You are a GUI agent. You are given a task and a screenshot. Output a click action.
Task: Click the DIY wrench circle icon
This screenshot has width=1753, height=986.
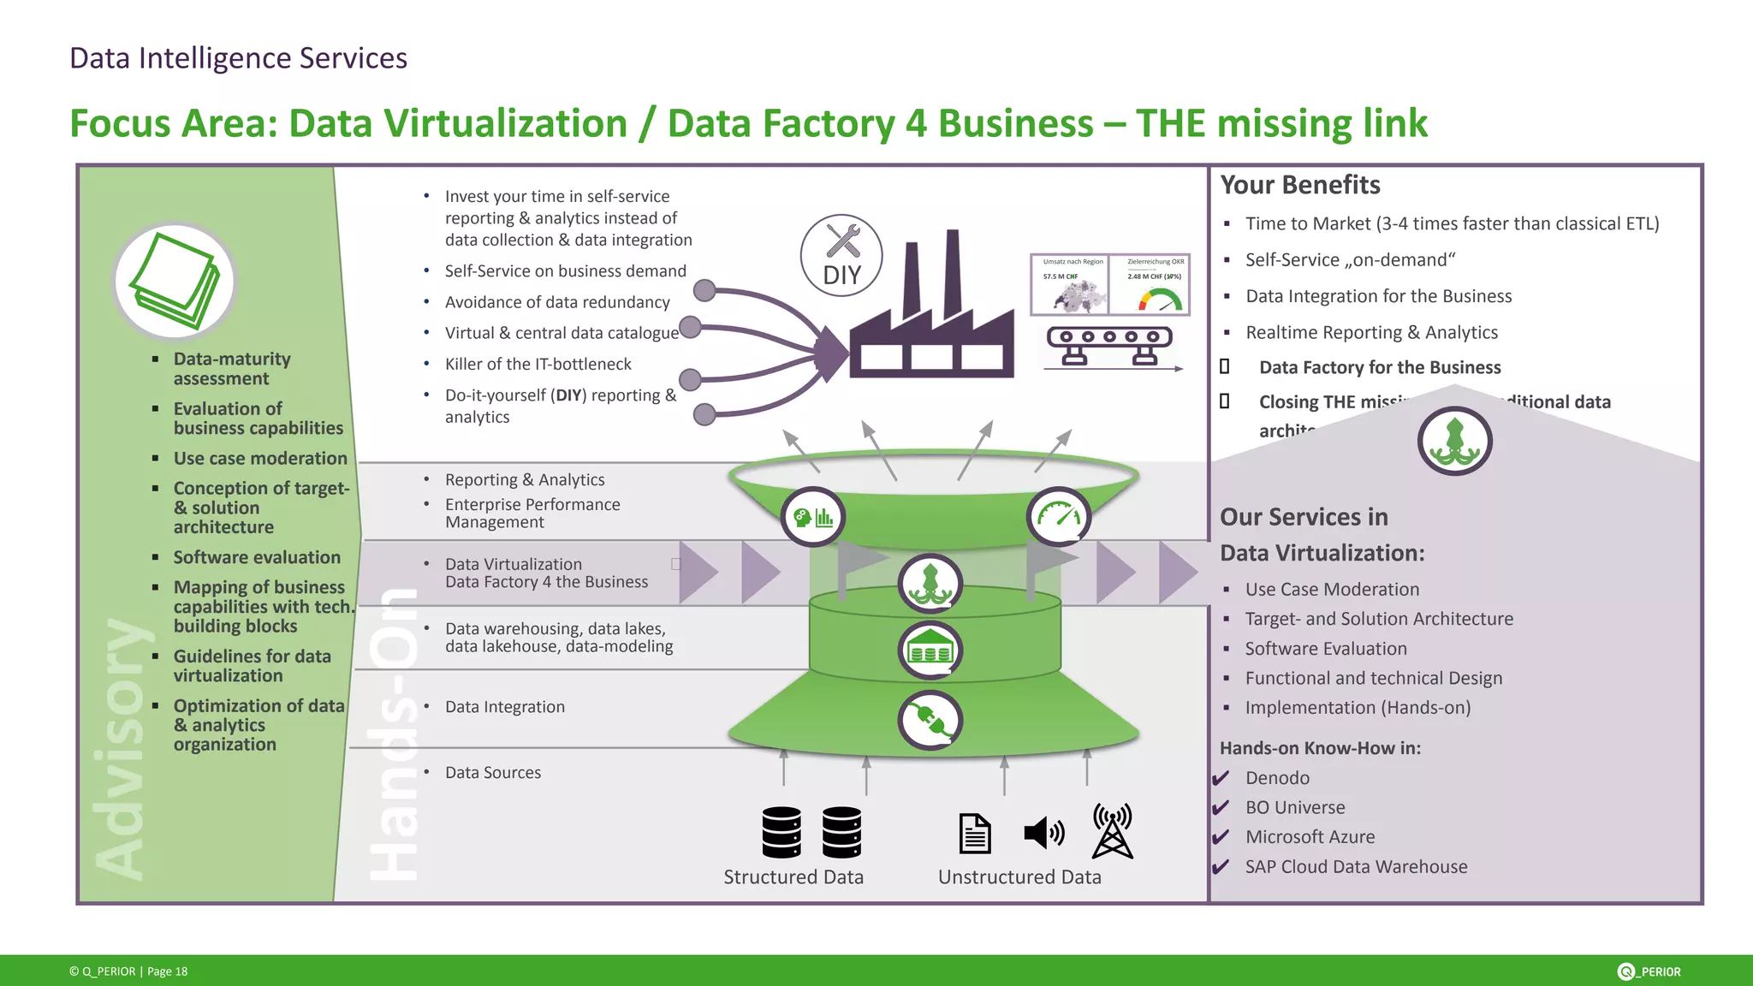[x=841, y=256]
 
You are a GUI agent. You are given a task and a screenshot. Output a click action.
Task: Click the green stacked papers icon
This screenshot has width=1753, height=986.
[x=175, y=282]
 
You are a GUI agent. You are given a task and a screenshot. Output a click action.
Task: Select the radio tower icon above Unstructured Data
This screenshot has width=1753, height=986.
[x=1112, y=831]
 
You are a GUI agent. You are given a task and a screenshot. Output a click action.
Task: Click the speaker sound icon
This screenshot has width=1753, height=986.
[x=1043, y=833]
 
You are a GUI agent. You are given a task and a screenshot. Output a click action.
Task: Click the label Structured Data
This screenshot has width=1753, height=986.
[x=793, y=877]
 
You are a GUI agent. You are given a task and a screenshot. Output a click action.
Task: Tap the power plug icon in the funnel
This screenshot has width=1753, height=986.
[x=930, y=720]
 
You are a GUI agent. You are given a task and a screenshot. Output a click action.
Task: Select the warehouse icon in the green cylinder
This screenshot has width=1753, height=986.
[x=930, y=650]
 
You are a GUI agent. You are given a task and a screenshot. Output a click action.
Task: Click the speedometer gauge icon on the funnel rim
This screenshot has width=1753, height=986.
[x=1059, y=516]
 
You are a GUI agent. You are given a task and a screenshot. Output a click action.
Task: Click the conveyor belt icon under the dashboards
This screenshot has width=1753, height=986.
[x=1109, y=346]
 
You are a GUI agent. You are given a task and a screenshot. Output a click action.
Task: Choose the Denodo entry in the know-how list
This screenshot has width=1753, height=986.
[x=1277, y=778]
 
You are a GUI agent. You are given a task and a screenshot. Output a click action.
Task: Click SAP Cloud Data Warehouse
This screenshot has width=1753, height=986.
[x=1356, y=867]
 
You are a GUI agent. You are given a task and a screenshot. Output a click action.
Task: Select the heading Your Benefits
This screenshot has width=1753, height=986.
[x=1299, y=185]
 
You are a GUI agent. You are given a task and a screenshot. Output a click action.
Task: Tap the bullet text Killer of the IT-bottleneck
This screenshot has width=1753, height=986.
[x=538, y=365]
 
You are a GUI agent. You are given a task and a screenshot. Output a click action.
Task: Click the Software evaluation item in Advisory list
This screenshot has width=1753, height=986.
[x=257, y=557]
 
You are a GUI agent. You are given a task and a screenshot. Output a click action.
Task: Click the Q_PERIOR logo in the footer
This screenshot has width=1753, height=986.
[x=1649, y=971]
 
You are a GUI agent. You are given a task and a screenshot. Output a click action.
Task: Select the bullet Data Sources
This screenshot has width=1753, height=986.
[x=493, y=773]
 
